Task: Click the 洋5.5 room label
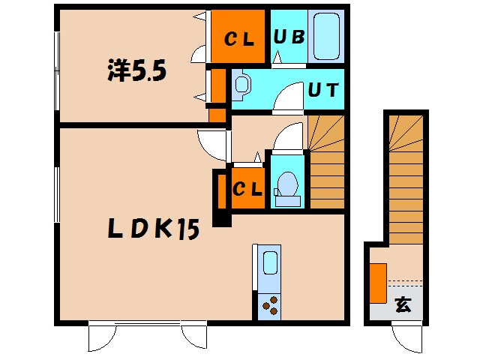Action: (136, 70)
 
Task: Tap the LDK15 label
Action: (154, 229)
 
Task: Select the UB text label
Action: (289, 37)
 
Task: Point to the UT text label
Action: (323, 90)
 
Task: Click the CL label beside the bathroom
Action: (239, 39)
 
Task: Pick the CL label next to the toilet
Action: (247, 188)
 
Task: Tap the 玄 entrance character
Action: (403, 304)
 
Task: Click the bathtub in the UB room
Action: (327, 36)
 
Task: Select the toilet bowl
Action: (287, 188)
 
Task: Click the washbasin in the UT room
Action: (241, 85)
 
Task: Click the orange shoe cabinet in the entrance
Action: (378, 283)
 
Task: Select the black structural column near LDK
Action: (222, 220)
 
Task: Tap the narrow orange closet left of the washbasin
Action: (218, 86)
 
